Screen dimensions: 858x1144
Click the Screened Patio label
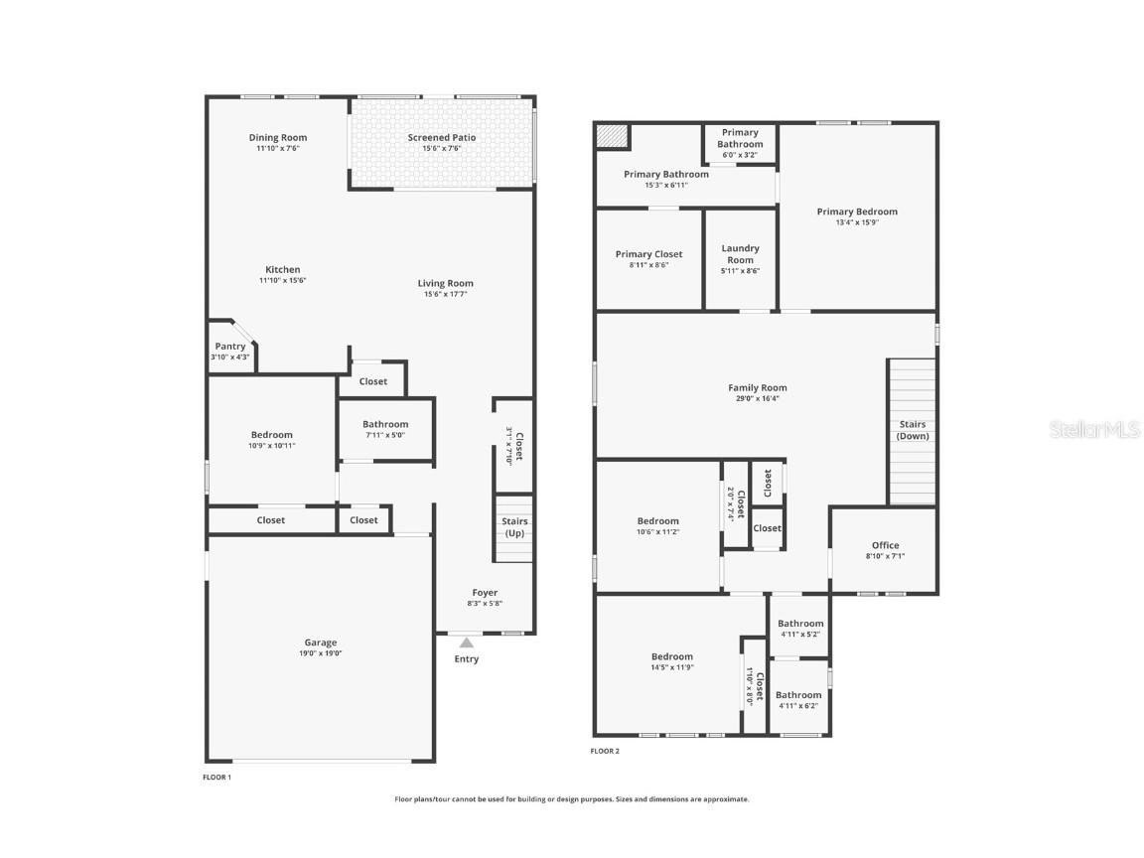point(442,138)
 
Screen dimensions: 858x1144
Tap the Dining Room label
point(278,138)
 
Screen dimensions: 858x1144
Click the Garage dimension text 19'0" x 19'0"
point(321,653)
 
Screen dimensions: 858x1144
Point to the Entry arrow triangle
point(466,643)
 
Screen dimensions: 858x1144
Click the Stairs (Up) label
point(514,527)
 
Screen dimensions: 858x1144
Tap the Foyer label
point(485,593)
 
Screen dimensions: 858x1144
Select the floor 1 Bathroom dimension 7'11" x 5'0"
point(384,435)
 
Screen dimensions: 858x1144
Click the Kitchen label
point(283,270)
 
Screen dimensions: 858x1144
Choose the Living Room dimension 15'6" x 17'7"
point(445,294)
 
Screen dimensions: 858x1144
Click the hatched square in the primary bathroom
point(612,136)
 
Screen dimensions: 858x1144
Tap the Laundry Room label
point(740,254)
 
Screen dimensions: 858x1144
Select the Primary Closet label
point(648,254)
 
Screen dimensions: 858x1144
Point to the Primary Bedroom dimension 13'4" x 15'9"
point(857,222)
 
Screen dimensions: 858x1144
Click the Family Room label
point(757,388)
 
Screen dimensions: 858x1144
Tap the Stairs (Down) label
point(912,430)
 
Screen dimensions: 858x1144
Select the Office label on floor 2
point(885,545)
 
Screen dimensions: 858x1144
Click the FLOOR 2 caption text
point(605,751)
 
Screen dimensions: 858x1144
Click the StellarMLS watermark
point(1097,430)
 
